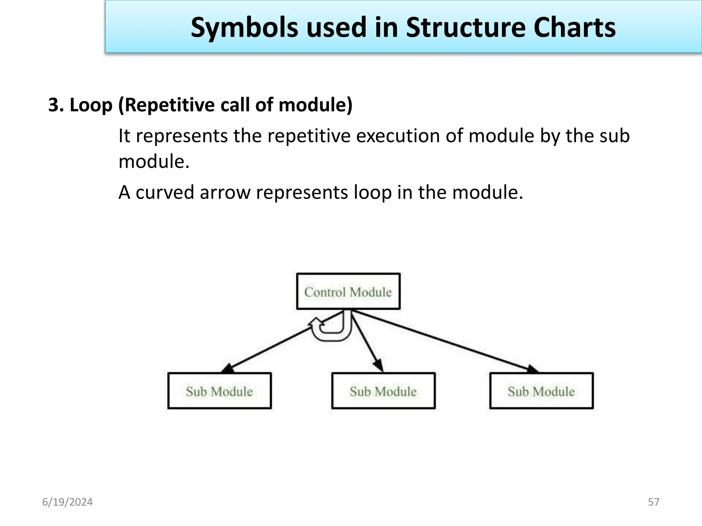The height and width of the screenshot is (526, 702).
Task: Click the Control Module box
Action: coord(348,291)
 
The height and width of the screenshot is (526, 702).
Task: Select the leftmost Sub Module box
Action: coord(219,391)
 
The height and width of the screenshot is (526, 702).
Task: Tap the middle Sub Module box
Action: coord(383,391)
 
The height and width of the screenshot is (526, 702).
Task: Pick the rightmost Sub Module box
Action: coord(541,391)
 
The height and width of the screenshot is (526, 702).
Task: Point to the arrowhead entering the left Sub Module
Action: coord(228,368)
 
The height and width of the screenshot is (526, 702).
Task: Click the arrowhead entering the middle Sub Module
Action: coord(379,366)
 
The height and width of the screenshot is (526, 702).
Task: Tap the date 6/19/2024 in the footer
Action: coord(68,502)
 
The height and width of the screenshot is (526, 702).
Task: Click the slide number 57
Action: coord(654,502)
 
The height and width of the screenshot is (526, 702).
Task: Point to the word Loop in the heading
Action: coord(91,105)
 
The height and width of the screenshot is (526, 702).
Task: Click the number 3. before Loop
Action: coord(56,105)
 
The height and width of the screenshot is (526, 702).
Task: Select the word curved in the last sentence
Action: coord(165,192)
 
